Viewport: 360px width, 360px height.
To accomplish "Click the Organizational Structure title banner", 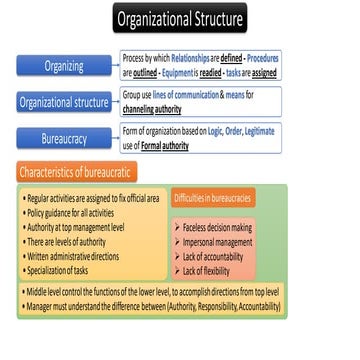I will (x=179, y=19).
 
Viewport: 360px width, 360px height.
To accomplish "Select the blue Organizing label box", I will (x=64, y=66).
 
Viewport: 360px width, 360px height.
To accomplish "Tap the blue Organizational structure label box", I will (x=64, y=101).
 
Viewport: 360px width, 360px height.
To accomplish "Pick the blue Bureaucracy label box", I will (x=64, y=137).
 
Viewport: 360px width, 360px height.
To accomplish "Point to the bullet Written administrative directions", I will (x=77, y=255).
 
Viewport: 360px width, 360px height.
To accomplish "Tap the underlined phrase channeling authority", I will (x=153, y=107).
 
